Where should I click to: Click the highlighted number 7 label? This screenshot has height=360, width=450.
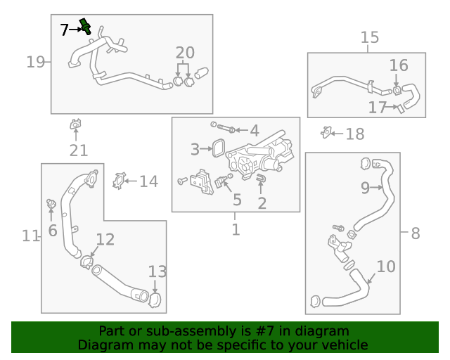coord(65,30)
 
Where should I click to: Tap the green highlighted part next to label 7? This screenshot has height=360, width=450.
coord(86,27)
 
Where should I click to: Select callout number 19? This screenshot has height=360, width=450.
coord(35,62)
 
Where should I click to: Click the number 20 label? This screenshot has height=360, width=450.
coord(184,52)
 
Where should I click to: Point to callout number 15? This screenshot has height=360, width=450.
coord(369,37)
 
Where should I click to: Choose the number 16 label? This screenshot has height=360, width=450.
coord(398,65)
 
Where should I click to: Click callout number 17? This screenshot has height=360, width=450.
coord(377,108)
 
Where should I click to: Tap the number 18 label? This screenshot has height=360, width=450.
coord(355,134)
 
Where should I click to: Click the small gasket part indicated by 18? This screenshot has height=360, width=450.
coord(326,132)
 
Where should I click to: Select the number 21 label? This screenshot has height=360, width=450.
coord(78,150)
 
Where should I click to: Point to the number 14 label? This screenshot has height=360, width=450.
coord(148,182)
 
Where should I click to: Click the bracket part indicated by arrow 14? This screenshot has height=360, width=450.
coord(119,180)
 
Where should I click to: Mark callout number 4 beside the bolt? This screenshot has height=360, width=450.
coord(254,130)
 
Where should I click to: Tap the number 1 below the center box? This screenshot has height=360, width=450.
coord(236,229)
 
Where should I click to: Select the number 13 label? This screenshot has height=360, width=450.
coord(157,271)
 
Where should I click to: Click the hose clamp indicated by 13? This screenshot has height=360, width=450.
coord(155,299)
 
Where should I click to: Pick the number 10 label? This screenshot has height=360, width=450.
coord(386,267)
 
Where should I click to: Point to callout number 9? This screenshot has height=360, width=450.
coord(365,188)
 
